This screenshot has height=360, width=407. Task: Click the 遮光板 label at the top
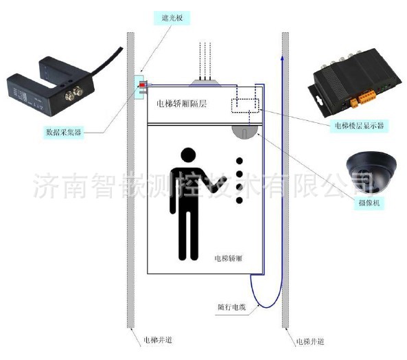pyautogui.click(x=172, y=18)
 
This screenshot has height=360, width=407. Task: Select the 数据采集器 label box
pyautogui.click(x=64, y=132)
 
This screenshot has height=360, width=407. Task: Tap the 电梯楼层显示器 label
pyautogui.click(x=359, y=126)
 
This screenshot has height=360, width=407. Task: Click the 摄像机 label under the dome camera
pyautogui.click(x=369, y=203)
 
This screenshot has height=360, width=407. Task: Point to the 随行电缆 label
pyautogui.click(x=231, y=307)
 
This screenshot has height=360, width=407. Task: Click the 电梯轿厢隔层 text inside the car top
pyautogui.click(x=181, y=104)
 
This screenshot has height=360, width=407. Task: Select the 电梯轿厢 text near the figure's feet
pyautogui.click(x=228, y=258)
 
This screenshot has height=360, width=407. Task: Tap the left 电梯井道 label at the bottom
pyautogui.click(x=158, y=340)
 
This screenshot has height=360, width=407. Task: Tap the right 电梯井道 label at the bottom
pyautogui.click(x=310, y=341)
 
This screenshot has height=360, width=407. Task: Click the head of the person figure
pyautogui.click(x=188, y=155)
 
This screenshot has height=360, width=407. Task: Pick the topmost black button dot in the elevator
pyautogui.click(x=240, y=161)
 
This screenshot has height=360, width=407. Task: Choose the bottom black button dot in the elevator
pyautogui.click(x=240, y=200)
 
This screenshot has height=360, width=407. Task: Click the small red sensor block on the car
pyautogui.click(x=142, y=85)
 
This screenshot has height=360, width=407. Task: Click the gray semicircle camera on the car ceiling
pyautogui.click(x=245, y=131)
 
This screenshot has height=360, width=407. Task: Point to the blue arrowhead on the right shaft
pyautogui.click(x=282, y=58)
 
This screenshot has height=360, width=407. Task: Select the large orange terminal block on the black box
pyautogui.click(x=367, y=96)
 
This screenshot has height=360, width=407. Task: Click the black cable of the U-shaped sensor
pyautogui.click(x=107, y=61)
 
